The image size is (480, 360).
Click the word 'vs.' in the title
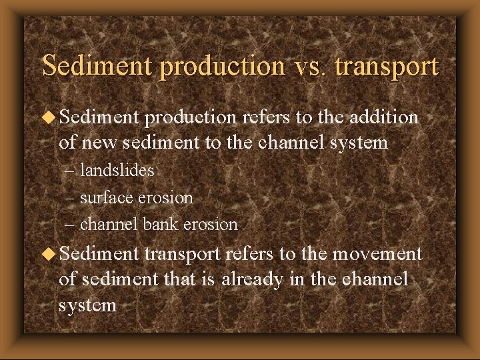(307, 67)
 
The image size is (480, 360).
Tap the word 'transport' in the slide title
(386, 67)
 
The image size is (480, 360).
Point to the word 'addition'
(382, 118)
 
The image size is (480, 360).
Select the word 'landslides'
(117, 171)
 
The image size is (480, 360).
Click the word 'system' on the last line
(88, 305)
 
